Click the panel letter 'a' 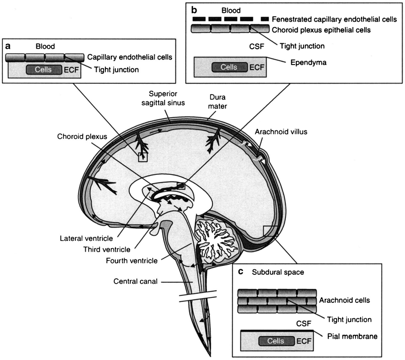click(x=8, y=46)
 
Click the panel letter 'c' click(x=240, y=272)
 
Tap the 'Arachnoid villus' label click(x=277, y=131)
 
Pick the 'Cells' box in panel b click(x=229, y=67)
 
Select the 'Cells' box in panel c click(x=275, y=341)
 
